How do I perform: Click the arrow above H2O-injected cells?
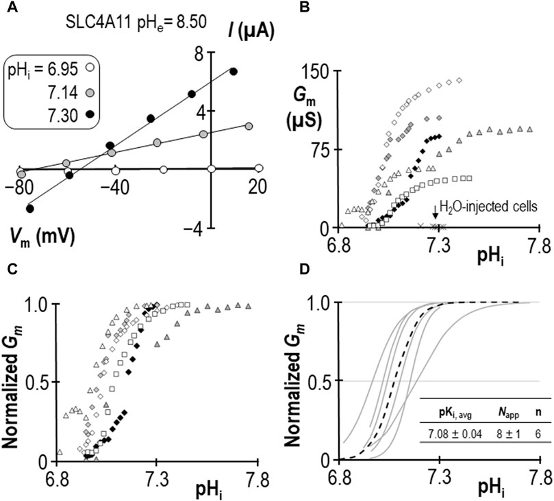coord(436,214)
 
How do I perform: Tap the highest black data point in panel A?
coord(234,71)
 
